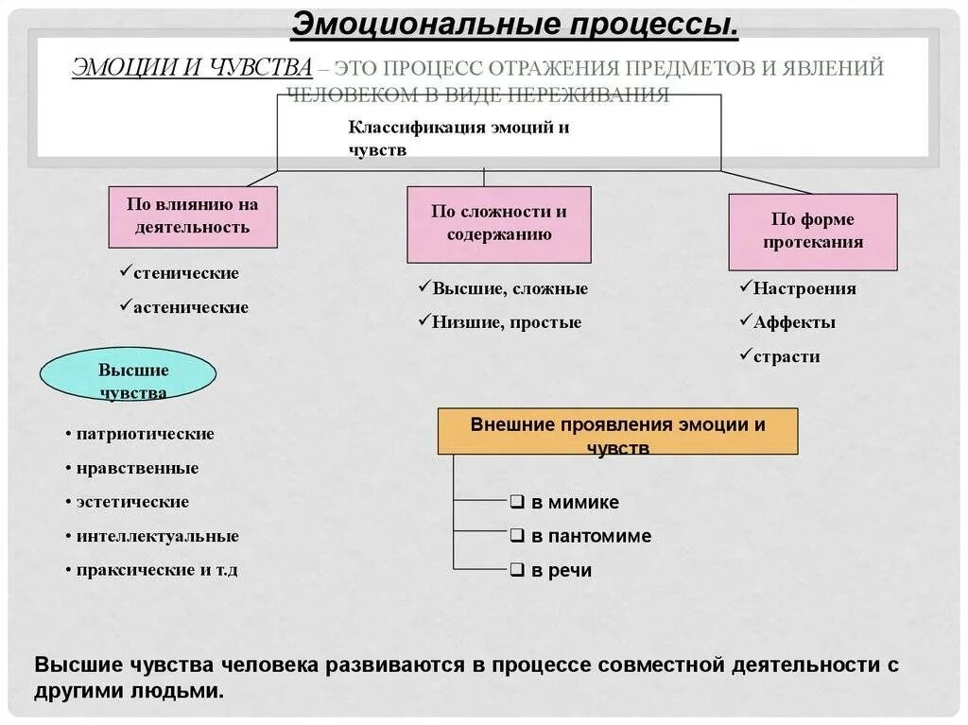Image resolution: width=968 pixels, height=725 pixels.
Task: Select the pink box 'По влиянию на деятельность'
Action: tap(193, 216)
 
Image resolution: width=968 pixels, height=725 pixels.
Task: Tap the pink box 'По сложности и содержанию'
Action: tap(499, 223)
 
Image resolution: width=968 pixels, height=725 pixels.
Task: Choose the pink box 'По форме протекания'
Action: tap(812, 231)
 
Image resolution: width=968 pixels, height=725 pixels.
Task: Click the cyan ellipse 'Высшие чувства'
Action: tap(129, 375)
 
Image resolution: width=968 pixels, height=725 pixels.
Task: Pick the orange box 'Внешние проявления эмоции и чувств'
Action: tap(617, 432)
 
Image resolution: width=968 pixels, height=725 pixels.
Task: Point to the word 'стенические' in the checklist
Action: tap(186, 273)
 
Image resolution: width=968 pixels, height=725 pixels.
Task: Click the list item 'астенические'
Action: tap(191, 307)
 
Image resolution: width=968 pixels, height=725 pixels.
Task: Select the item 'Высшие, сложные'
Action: tap(510, 288)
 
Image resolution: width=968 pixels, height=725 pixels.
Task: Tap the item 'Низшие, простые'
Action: tap(507, 322)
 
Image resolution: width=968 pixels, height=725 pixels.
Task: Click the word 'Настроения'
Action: tap(804, 288)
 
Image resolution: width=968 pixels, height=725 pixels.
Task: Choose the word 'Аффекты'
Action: tap(794, 322)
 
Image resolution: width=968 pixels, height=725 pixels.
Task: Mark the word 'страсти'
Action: tap(786, 356)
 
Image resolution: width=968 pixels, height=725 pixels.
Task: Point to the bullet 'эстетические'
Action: tap(133, 502)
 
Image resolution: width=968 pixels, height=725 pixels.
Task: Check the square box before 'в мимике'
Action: tap(517, 502)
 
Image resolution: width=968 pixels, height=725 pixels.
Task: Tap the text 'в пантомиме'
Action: tap(591, 536)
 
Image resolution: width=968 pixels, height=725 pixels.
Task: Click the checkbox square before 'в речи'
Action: tap(517, 570)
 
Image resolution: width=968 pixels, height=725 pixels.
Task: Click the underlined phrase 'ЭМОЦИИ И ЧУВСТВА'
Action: tap(192, 68)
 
